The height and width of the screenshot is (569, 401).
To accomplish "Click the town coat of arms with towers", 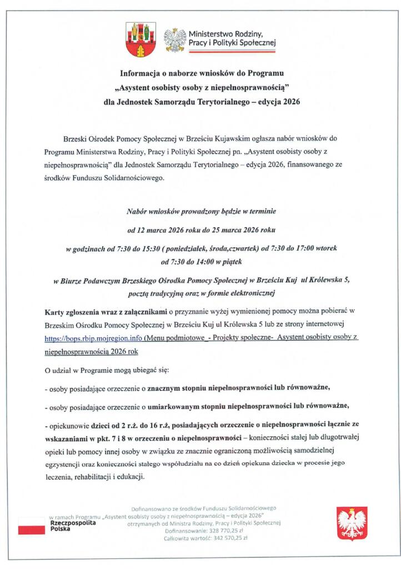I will [137, 40].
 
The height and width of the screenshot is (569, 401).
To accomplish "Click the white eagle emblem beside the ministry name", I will [175, 41].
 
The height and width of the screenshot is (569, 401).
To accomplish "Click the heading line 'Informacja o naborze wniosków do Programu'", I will [202, 73].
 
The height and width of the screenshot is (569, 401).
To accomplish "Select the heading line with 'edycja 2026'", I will [202, 102].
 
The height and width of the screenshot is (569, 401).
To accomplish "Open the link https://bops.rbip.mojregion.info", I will [93, 337].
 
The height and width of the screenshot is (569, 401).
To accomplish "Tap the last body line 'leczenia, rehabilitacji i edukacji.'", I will [94, 477].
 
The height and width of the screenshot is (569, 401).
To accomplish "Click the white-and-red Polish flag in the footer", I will [32, 526].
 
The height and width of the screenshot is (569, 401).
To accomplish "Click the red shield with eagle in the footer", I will [352, 523].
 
